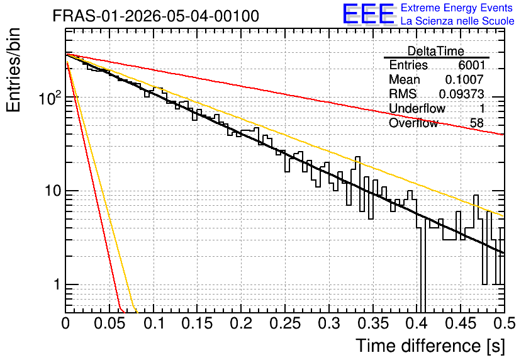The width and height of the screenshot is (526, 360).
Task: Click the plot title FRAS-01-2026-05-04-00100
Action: (x=156, y=16)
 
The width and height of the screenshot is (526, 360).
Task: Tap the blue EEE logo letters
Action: (x=369, y=14)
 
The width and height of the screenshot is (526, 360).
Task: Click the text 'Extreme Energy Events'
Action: (x=457, y=8)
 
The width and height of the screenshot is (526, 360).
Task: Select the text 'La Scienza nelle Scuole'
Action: (x=457, y=21)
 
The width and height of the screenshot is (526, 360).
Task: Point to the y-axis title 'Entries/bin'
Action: (x=13, y=70)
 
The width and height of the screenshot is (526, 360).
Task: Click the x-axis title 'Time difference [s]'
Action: (x=430, y=346)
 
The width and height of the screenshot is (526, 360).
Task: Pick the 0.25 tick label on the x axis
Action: (x=285, y=323)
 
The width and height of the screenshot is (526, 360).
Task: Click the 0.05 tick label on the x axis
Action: (x=109, y=323)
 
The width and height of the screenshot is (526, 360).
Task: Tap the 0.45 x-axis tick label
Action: (x=461, y=323)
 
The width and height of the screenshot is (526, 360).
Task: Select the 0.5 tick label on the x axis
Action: (x=505, y=323)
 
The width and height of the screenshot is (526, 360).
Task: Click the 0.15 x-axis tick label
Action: (x=197, y=323)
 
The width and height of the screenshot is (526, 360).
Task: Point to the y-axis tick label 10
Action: (x=53, y=191)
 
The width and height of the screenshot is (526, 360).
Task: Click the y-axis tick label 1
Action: (x=57, y=284)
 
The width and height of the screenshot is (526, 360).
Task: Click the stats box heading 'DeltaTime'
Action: (x=436, y=51)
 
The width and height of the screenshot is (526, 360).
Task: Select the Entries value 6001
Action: (x=471, y=65)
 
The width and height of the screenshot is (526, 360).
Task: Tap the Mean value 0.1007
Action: (x=464, y=79)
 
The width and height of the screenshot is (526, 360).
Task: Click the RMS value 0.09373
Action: (x=462, y=94)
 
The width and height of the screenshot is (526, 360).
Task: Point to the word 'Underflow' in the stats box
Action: (x=417, y=108)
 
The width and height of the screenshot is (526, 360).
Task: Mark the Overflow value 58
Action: (x=477, y=123)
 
